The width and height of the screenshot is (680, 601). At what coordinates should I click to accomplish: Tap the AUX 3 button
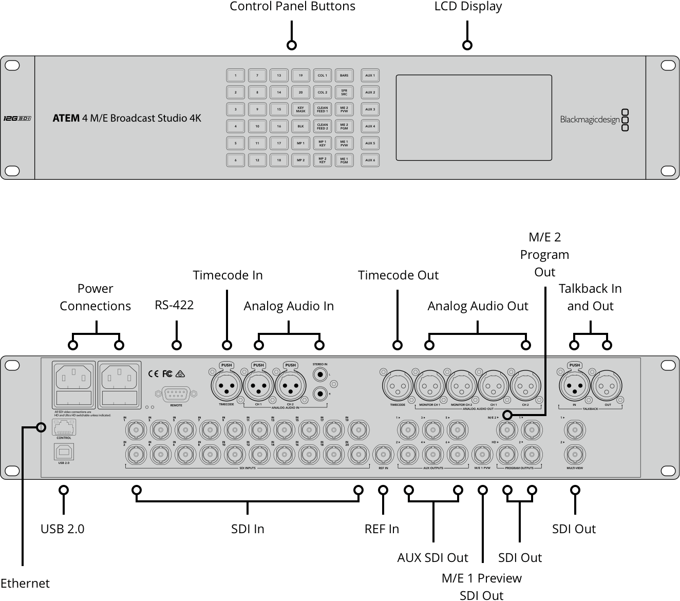coord(370,109)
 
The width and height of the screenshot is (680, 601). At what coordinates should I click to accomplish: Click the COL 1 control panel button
coord(322,76)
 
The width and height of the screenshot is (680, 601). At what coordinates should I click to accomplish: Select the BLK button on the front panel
coord(300,126)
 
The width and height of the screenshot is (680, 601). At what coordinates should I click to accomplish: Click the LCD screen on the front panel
coord(474,118)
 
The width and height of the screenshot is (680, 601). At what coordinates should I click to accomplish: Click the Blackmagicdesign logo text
coord(590,120)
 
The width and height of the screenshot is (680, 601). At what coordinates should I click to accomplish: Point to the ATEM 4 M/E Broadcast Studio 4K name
coord(127,118)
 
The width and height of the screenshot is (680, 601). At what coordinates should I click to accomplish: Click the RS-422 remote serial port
coord(176,395)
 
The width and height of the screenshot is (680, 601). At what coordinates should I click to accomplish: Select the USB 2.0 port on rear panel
coord(64,452)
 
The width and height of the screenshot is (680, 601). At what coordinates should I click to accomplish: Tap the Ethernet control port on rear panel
coord(64,427)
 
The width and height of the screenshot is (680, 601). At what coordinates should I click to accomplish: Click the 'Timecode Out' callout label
coord(398,275)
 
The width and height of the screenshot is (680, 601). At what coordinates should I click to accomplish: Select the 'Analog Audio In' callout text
coord(289,306)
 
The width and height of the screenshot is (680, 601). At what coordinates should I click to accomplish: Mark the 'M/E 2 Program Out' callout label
coord(544,254)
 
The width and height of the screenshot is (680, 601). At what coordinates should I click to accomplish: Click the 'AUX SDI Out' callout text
coord(432,558)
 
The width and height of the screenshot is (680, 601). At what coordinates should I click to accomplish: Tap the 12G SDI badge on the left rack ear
coord(17,118)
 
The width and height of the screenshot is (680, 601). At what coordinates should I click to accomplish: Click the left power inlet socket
coord(74,379)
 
